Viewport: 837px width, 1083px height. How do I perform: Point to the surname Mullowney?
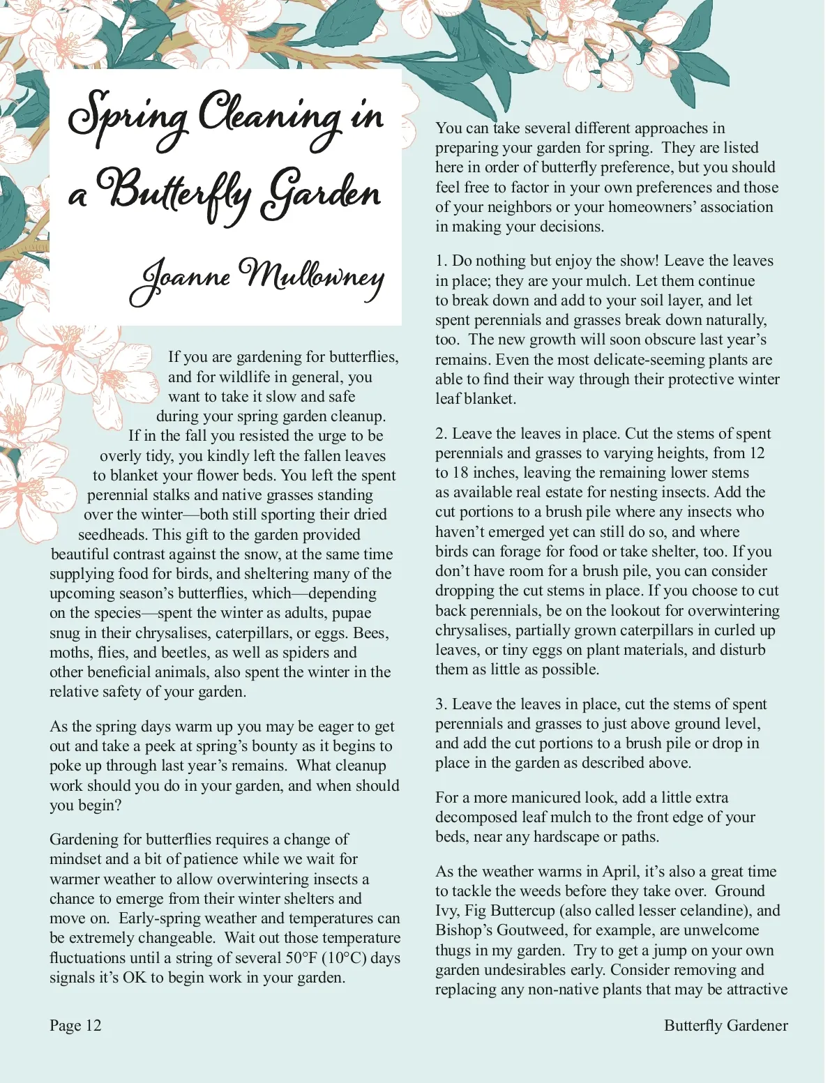point(311,276)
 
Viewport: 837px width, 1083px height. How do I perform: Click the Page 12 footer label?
point(75,1025)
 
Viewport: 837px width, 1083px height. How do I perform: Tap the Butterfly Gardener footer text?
point(725,1025)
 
